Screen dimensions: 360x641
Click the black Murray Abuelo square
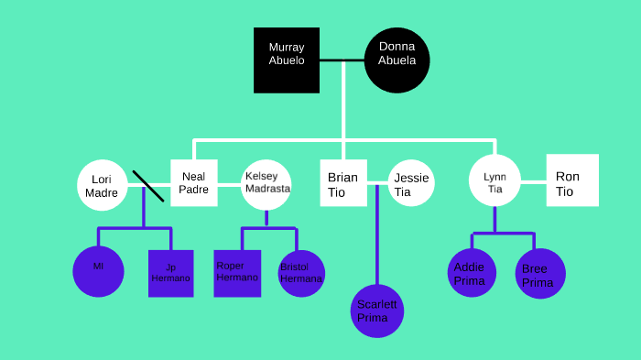tap(287, 60)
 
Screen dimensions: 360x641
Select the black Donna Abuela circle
tap(397, 60)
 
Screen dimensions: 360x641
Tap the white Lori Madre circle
tap(101, 185)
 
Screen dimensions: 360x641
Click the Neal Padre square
tap(193, 182)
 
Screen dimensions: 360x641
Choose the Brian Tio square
tap(343, 183)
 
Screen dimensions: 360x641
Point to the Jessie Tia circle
tap(410, 183)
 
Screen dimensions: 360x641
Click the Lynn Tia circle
tap(494, 180)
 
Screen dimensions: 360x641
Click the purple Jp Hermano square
tap(171, 273)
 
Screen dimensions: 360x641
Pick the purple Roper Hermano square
tap(237, 273)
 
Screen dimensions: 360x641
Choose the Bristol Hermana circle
tap(301, 273)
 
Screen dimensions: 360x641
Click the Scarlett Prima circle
tap(377, 311)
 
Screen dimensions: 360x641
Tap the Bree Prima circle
tap(539, 274)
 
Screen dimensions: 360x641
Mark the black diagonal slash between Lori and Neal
tap(148, 186)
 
